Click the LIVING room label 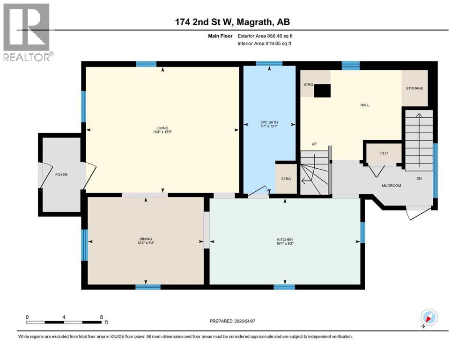click(162, 128)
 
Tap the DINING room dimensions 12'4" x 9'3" click(145, 243)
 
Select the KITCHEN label click(285, 239)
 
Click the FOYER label click(61, 175)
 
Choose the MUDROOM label click(391, 186)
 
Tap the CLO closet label click(383, 153)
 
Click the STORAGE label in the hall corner click(414, 88)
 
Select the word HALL click(365, 105)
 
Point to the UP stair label click(315, 144)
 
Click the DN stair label click(420, 179)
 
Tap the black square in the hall click(322, 90)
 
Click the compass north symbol click(429, 318)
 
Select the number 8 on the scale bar click(101, 316)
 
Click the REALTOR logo click(27, 32)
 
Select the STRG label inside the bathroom click(286, 179)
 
